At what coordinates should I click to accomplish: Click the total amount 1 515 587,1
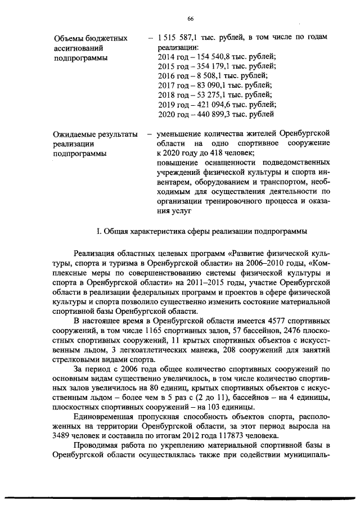click(180, 38)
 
